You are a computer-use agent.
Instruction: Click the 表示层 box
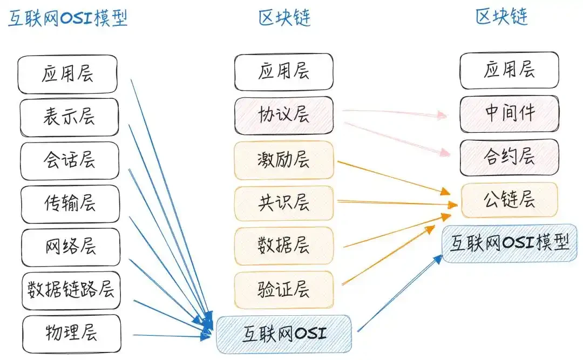[x=69, y=117]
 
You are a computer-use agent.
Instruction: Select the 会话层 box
[x=69, y=160]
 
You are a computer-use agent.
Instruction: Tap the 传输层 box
[x=70, y=203]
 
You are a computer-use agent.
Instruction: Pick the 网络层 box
[x=70, y=247]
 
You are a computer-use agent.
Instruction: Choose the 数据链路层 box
[x=71, y=290]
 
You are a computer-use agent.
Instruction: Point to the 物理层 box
[x=71, y=331]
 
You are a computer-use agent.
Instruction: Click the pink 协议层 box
[x=283, y=114]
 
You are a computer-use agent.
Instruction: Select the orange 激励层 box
[x=283, y=159]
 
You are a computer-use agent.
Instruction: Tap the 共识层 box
[x=283, y=203]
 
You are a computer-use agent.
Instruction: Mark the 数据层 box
[x=283, y=246]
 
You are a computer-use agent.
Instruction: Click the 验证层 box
[x=283, y=289]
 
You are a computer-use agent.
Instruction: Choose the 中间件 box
[x=509, y=113]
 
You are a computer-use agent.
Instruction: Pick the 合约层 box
[x=509, y=157]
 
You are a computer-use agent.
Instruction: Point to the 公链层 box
[x=509, y=200]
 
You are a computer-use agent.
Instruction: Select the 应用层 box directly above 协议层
[x=283, y=72]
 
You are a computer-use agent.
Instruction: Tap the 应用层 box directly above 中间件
[x=509, y=70]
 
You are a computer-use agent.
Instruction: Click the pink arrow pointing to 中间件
[x=394, y=112]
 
